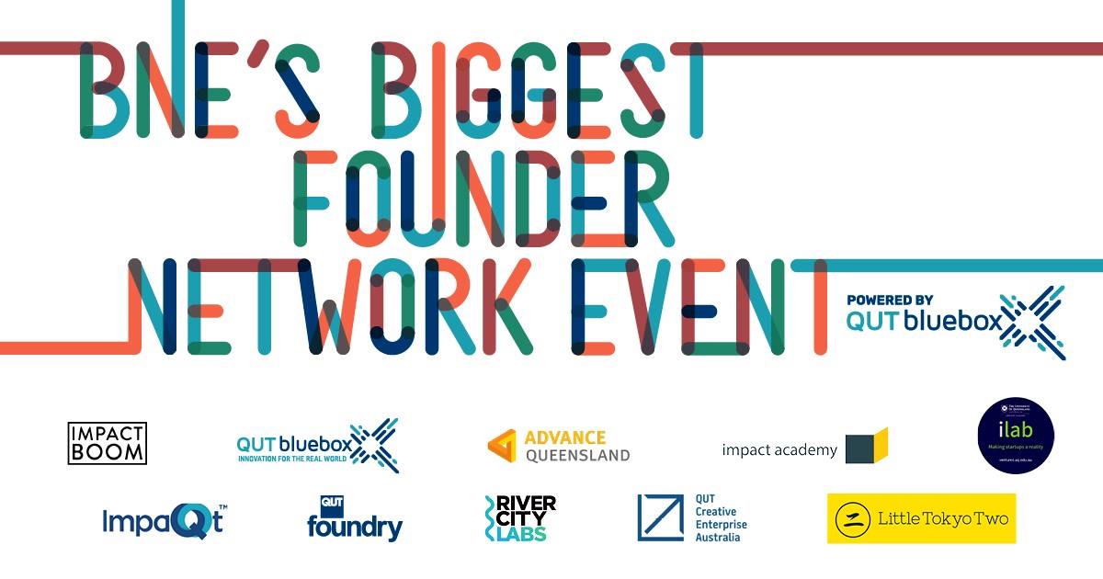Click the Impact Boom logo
[107, 443]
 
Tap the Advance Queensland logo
[559, 446]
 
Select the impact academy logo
[804, 448]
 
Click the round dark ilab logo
[1015, 436]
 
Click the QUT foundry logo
[354, 519]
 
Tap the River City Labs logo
[519, 518]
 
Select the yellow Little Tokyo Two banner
[921, 518]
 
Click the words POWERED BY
[890, 300]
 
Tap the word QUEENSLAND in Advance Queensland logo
[577, 455]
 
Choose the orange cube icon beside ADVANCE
[502, 446]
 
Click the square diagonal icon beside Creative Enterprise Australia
[661, 517]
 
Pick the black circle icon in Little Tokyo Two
[853, 519]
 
